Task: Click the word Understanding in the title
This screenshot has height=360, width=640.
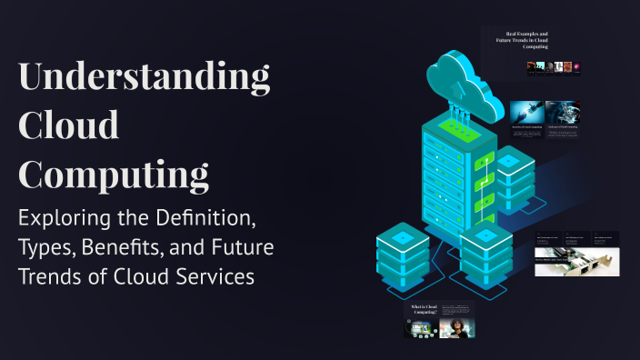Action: point(145,79)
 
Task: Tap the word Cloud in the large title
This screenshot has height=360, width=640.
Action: point(69,125)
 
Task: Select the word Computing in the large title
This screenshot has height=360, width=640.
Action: point(114,173)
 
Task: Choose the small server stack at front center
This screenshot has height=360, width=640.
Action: point(485,255)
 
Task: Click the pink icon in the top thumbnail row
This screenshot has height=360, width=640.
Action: point(576,66)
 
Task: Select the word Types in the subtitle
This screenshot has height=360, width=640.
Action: point(47,247)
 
